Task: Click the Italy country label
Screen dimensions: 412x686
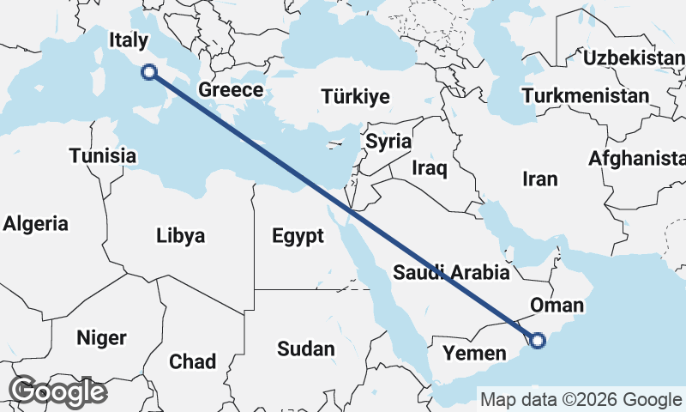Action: click(x=129, y=40)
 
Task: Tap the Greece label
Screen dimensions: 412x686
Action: click(x=230, y=90)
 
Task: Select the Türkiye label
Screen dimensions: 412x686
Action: click(x=355, y=96)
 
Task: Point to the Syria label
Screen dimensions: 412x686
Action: click(x=388, y=142)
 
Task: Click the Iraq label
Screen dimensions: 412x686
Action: click(x=430, y=167)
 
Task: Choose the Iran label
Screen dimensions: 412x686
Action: click(x=540, y=179)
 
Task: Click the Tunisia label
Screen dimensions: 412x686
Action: click(x=103, y=156)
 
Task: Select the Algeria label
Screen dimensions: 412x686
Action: click(x=35, y=224)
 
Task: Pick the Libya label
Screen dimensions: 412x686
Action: click(x=181, y=235)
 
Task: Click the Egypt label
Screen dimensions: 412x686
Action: click(x=298, y=235)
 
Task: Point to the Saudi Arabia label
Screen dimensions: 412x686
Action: click(x=452, y=273)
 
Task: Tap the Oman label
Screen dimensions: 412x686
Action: click(x=557, y=305)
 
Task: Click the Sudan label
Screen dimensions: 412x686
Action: click(x=305, y=348)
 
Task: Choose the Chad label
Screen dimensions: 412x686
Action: click(x=193, y=361)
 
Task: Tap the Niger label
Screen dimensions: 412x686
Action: click(x=101, y=337)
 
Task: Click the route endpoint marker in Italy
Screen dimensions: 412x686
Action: click(x=149, y=72)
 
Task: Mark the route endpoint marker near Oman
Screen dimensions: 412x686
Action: click(x=538, y=341)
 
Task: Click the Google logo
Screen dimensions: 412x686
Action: click(x=57, y=391)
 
